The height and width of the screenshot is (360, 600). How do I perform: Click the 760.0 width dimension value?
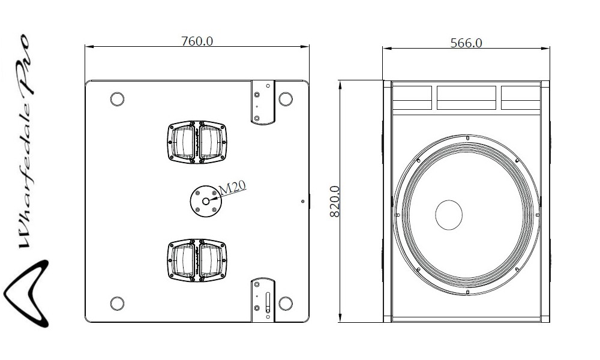coord(197,41)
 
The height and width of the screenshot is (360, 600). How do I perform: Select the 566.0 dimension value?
coord(466,43)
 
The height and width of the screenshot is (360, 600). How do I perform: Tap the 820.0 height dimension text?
coord(335,202)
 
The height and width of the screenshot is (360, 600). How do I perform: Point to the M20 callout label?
coord(232,187)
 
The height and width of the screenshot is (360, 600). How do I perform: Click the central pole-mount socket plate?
coord(206,201)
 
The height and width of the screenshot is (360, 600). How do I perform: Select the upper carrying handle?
coord(197,143)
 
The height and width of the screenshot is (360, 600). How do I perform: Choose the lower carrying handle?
coord(197,260)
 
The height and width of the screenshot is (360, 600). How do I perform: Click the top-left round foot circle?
coord(117,99)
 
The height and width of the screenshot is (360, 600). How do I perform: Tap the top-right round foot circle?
coord(286,99)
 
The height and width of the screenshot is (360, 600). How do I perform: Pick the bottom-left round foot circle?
coord(117,304)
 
